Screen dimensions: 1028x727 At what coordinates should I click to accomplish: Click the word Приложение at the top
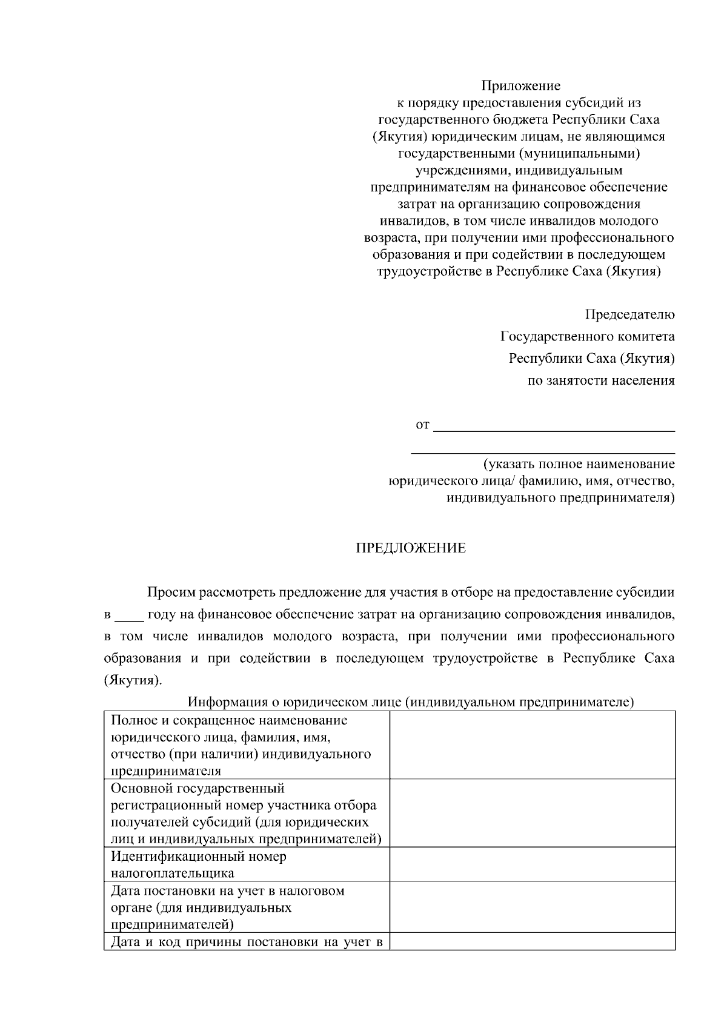(520, 86)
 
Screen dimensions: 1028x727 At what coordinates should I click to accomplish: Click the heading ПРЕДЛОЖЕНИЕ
(410, 548)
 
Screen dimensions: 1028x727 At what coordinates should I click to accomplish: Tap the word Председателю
(629, 314)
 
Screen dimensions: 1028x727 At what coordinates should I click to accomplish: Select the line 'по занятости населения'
(601, 381)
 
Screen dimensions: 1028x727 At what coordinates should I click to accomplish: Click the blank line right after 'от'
(554, 426)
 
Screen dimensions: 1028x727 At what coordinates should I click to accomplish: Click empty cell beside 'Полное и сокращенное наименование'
(532, 745)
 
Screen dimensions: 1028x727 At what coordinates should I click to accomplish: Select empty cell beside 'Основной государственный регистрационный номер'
(532, 813)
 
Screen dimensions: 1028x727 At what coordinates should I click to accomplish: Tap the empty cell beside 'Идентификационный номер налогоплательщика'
(532, 864)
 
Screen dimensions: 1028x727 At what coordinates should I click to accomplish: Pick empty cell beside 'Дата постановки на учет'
(532, 907)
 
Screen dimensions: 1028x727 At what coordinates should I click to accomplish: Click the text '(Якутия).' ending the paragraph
(133, 680)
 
